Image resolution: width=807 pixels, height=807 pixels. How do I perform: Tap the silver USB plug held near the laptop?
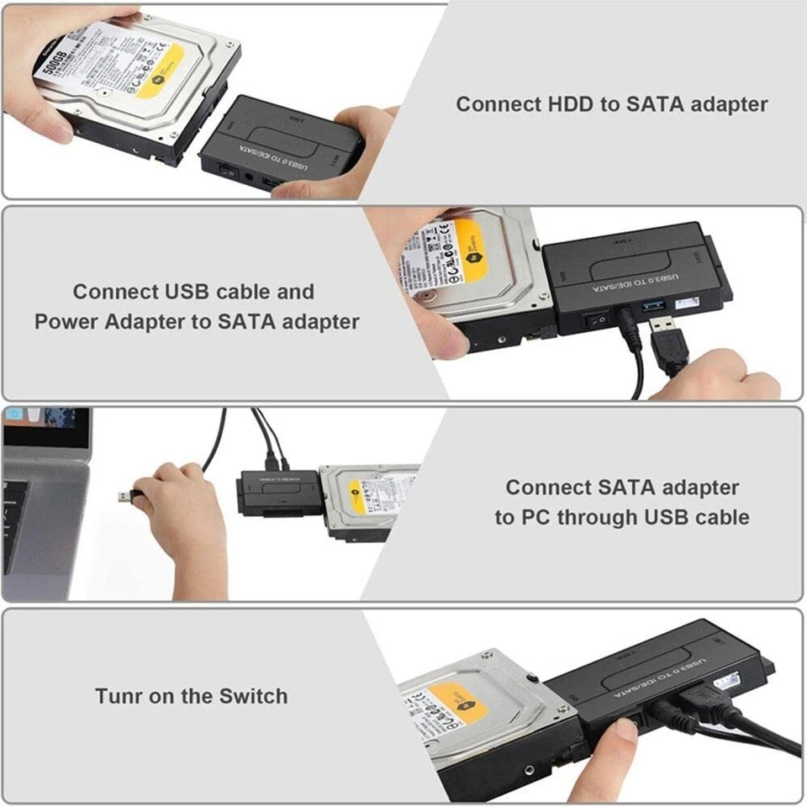[x=125, y=496]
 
